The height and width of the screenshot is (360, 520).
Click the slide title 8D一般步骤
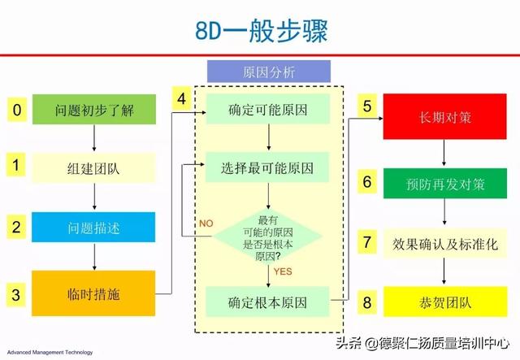(261, 31)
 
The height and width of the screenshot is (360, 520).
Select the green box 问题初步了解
(94, 110)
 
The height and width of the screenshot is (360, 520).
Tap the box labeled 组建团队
(93, 168)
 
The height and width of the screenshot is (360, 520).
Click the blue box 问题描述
(93, 228)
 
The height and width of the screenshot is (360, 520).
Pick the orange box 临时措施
(93, 293)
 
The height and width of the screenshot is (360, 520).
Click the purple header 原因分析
(269, 72)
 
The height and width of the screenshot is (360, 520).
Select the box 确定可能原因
(268, 109)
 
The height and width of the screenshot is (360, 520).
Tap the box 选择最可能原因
(267, 167)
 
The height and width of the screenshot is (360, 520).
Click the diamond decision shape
(267, 236)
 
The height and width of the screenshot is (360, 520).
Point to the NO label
(206, 223)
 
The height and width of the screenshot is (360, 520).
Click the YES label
(283, 271)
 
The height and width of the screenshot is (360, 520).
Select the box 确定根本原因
(267, 301)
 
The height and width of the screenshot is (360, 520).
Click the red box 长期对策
(444, 116)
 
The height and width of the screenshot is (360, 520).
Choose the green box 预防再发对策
(445, 184)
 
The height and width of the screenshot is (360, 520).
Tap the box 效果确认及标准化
(445, 244)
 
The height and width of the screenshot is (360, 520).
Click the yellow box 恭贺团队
(445, 301)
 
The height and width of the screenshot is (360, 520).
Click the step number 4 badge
(181, 98)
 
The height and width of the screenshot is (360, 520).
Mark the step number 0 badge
(17, 110)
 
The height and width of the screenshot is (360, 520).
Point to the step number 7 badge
(366, 242)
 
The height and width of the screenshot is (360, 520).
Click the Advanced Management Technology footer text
(50, 353)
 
